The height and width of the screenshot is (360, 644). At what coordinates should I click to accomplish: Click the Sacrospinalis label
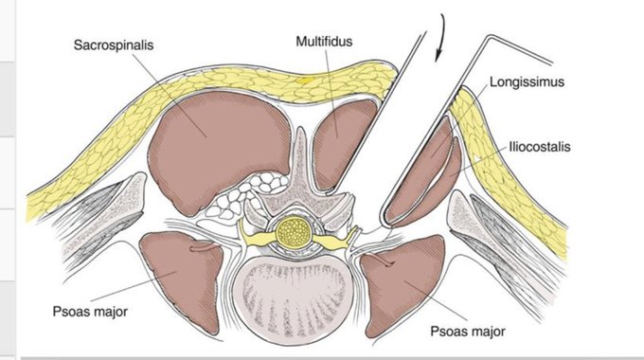click(114, 45)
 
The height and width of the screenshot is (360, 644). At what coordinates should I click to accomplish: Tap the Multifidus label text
click(324, 41)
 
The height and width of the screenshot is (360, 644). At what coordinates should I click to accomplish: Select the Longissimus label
click(527, 81)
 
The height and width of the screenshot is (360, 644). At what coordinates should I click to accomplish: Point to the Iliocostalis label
click(540, 147)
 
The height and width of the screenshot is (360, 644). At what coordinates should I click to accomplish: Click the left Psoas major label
click(90, 311)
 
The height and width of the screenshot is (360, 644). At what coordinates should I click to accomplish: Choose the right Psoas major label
click(468, 332)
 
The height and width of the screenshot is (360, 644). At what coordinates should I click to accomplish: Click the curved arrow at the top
click(440, 38)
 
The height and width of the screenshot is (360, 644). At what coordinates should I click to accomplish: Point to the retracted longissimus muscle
click(419, 172)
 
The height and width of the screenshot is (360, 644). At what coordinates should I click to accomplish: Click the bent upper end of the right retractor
click(489, 37)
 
